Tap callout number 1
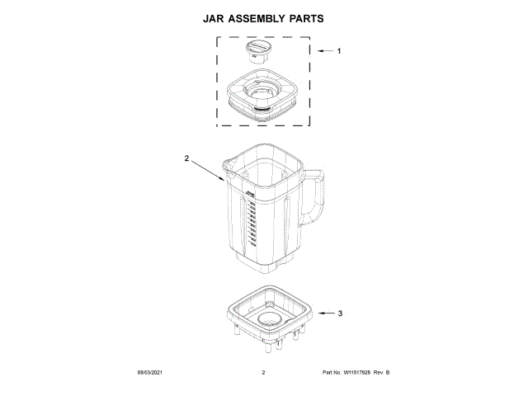[339, 51]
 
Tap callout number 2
[186, 158]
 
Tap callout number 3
[340, 313]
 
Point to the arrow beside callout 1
[324, 51]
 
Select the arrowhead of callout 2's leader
[224, 179]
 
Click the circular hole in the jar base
[271, 318]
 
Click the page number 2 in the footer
[263, 374]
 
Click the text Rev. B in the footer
[381, 374]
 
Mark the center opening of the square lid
[262, 89]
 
